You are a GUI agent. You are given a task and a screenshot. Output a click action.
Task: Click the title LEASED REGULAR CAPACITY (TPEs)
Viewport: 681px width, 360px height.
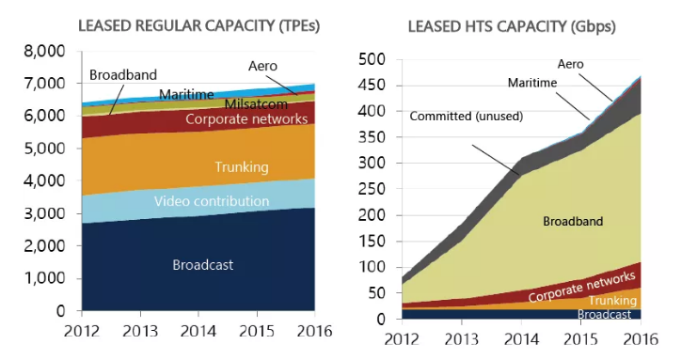198,26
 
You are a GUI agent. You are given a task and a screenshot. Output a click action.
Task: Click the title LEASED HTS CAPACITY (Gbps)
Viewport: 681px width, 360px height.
512,27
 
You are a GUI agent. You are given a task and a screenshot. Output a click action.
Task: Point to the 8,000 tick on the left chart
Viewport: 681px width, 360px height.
44,52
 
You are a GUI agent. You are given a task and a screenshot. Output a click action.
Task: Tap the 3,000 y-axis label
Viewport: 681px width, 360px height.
44,214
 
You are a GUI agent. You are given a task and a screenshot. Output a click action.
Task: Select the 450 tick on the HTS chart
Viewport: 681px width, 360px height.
372,86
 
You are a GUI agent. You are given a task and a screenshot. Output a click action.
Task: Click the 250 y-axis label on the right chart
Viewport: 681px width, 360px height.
372,189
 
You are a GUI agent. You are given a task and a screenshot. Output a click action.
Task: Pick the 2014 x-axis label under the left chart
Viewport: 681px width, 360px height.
198,332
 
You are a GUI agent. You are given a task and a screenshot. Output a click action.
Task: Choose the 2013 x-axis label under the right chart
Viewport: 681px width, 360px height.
461,339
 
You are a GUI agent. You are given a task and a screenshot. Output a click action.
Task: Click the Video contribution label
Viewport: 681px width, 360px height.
212,201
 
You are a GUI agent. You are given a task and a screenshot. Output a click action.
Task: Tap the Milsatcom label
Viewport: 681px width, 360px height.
256,104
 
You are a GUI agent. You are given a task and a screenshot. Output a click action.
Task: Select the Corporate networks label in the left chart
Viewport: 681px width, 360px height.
246,119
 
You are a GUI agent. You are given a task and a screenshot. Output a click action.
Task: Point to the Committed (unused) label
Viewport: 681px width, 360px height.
467,117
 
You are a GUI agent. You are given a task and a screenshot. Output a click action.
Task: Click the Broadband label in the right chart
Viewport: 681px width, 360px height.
573,222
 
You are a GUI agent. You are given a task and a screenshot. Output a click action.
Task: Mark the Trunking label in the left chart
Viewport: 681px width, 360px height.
242,167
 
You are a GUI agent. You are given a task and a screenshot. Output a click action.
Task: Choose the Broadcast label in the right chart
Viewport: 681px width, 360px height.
604,314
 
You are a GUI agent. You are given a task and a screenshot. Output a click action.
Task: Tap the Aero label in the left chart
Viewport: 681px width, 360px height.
262,66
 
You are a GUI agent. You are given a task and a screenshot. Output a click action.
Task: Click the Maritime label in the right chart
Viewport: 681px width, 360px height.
532,83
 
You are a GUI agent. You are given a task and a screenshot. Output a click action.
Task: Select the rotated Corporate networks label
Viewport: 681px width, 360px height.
582,286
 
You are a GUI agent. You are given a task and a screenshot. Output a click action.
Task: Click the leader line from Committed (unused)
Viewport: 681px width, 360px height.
496,160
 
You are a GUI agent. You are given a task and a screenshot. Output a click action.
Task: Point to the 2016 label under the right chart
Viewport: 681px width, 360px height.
641,339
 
